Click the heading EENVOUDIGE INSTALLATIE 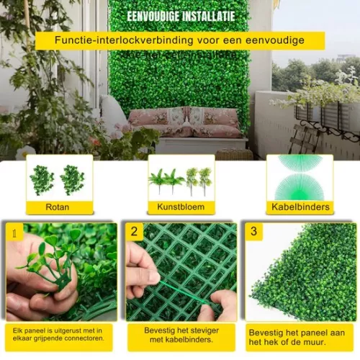pyautogui.click(x=180, y=16)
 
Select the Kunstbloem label pyautogui.click(x=181, y=207)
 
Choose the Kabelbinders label pyautogui.click(x=300, y=207)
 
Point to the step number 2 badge pyautogui.click(x=135, y=232)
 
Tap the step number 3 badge pyautogui.click(x=253, y=232)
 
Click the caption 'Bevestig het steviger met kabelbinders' pyautogui.click(x=181, y=336)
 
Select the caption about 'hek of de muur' pyautogui.click(x=300, y=337)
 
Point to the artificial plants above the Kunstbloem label pyautogui.click(x=181, y=180)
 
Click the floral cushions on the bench pyautogui.click(x=184, y=121)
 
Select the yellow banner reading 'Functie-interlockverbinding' pyautogui.click(x=180, y=41)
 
